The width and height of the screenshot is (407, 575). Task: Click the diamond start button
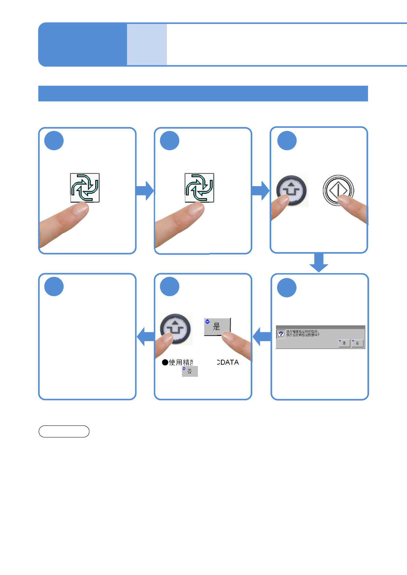click(x=338, y=190)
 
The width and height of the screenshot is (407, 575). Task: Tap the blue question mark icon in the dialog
click(x=281, y=334)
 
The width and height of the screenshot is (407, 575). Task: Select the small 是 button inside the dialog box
click(x=344, y=343)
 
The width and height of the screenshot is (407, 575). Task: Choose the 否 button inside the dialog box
click(x=357, y=343)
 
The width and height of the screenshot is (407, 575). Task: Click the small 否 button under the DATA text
click(x=190, y=371)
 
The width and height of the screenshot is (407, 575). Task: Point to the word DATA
click(x=228, y=362)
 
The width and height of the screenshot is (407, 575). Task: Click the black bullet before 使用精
click(x=165, y=362)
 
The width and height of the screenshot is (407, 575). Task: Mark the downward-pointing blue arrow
click(x=319, y=263)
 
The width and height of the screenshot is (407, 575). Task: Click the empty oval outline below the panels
click(x=64, y=431)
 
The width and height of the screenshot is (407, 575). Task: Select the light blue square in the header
click(x=147, y=44)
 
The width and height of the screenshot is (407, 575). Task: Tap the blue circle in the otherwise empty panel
click(x=54, y=286)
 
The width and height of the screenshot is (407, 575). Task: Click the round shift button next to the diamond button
click(x=292, y=190)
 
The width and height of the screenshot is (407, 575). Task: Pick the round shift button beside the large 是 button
click(x=176, y=328)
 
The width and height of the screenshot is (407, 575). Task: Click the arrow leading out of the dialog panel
click(x=262, y=336)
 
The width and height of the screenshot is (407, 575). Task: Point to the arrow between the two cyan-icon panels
click(x=145, y=191)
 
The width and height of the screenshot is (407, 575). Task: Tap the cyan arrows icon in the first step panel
click(x=85, y=187)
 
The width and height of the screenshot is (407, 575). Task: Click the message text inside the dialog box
click(x=303, y=333)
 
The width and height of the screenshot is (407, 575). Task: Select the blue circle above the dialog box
click(x=287, y=287)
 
